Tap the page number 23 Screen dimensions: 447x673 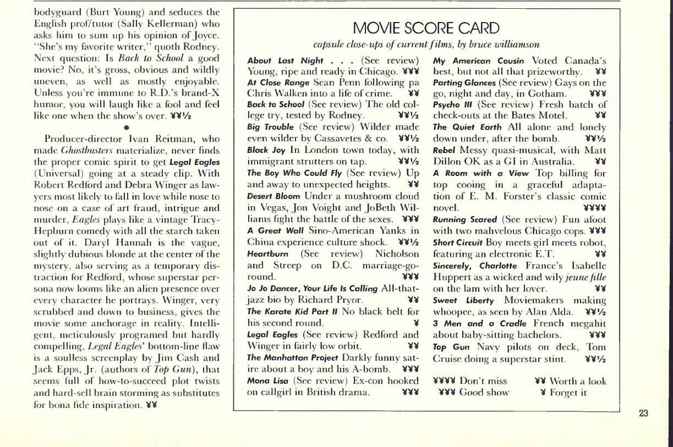pyautogui.click(x=644, y=415)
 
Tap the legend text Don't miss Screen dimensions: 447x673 pyautogui.click(x=484, y=380)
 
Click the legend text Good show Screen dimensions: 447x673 pyautogui.click(x=484, y=393)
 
